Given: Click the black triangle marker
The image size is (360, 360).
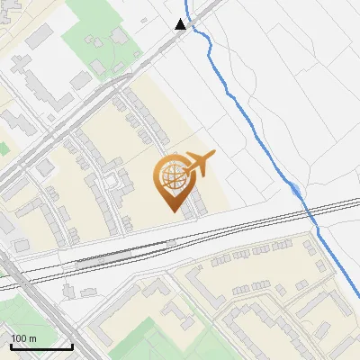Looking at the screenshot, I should click(x=181, y=24).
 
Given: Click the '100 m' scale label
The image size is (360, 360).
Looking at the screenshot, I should click(x=23, y=338).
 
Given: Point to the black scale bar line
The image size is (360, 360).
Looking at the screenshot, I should click(x=41, y=346).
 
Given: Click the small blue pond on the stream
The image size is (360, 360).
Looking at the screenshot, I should click(x=296, y=189).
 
